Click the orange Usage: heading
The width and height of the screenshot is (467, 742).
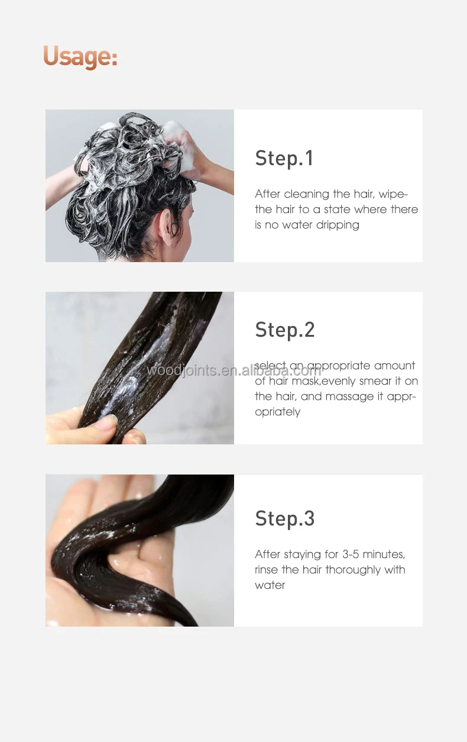80,56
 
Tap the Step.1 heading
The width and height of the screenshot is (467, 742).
284,159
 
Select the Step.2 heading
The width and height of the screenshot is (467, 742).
285,330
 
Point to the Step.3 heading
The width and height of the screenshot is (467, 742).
285,518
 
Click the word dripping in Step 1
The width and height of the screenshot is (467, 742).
338,225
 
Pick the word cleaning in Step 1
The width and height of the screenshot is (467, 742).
306,193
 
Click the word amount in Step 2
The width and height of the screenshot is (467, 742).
394,365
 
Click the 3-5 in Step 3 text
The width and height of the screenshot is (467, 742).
351,554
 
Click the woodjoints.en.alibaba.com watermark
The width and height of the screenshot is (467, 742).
234,370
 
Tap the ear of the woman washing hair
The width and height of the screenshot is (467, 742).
168,225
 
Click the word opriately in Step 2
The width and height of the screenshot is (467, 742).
278,412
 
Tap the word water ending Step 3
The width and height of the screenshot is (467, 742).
270,585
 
